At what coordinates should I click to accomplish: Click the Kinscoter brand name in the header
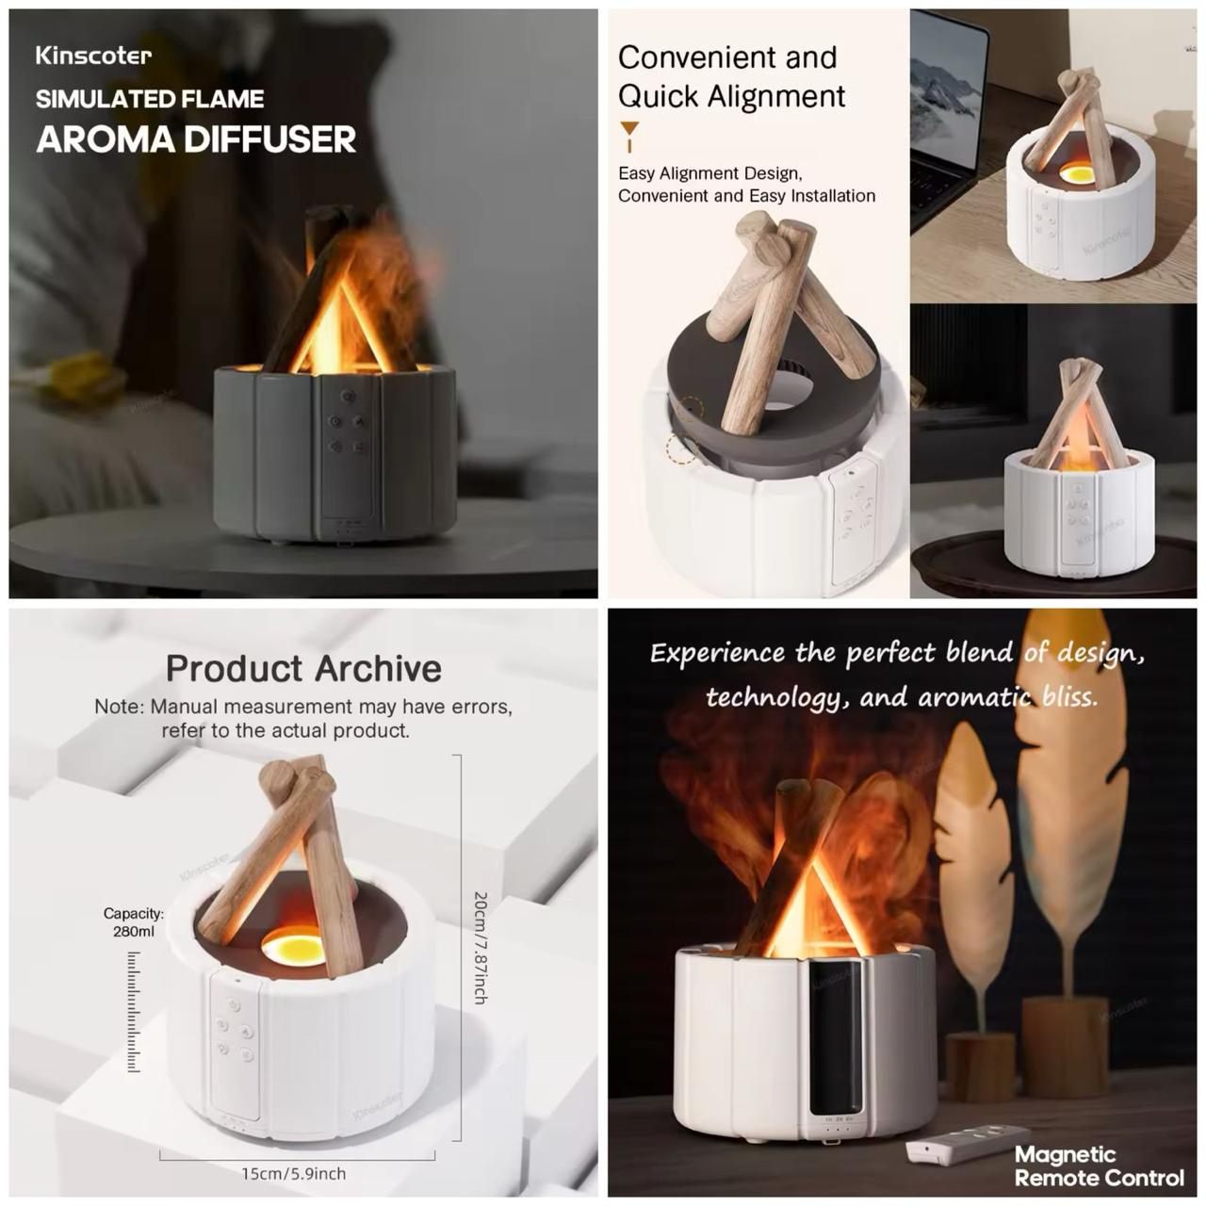click(93, 56)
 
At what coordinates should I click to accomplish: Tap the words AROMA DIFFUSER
click(196, 139)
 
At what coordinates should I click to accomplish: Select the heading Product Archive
click(303, 668)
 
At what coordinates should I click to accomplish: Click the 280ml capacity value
click(134, 932)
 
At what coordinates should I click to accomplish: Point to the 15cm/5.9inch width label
click(294, 1174)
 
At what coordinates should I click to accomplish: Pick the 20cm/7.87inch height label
click(480, 947)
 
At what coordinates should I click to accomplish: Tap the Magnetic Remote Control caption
click(1099, 1166)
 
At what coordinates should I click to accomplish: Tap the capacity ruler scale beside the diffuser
click(134, 1011)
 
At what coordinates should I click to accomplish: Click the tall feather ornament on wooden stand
click(1071, 810)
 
